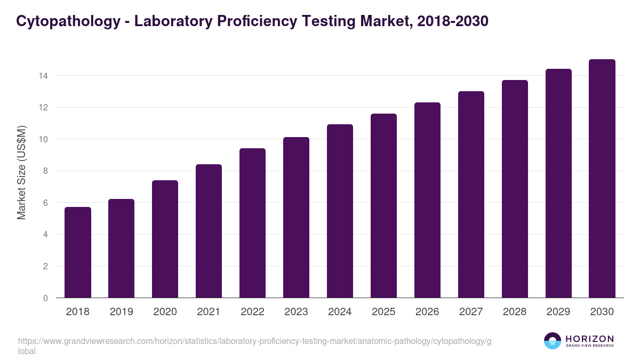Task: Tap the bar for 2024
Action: tap(340, 211)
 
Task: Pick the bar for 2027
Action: tap(471, 195)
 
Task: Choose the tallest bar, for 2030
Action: tap(602, 179)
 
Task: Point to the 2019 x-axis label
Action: tap(122, 311)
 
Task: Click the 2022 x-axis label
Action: tap(252, 311)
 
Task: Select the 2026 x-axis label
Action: tap(427, 311)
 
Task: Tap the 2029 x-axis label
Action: tap(558, 311)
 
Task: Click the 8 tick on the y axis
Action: tap(46, 171)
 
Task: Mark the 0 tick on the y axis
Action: tap(46, 298)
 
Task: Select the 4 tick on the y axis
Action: tap(46, 235)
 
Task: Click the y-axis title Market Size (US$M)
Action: tap(21, 172)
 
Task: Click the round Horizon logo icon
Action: tap(553, 341)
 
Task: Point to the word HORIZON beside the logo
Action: tap(590, 339)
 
